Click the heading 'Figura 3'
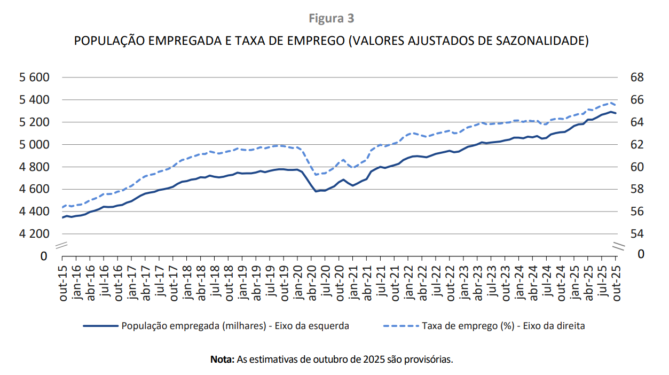click(x=331, y=19)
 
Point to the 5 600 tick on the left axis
click(x=34, y=77)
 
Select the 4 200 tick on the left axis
click(x=34, y=234)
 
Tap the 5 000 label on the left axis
click(x=34, y=145)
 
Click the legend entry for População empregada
click(x=235, y=326)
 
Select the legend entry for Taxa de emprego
click(x=503, y=326)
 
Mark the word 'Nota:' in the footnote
click(x=222, y=359)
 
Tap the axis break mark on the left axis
click(x=62, y=246)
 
